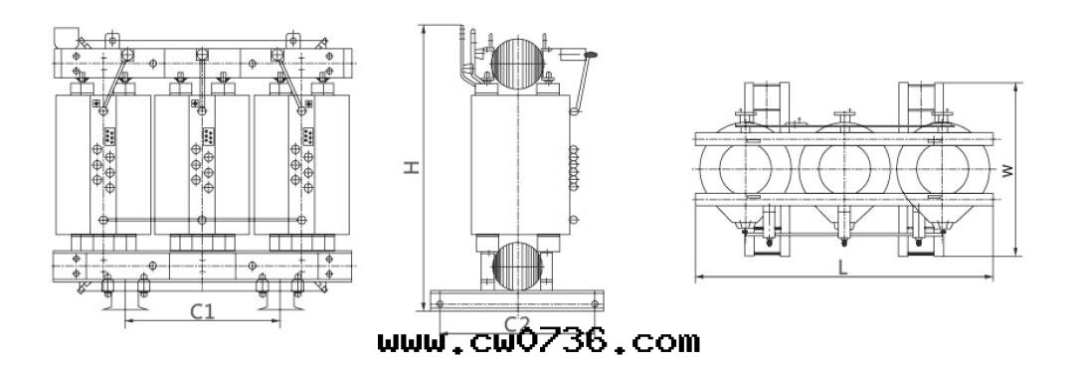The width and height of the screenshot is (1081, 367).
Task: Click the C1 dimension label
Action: pyautogui.click(x=202, y=312)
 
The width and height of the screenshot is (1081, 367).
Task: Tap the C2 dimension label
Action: pyautogui.click(x=516, y=323)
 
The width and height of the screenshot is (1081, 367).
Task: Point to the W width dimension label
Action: pyautogui.click(x=1008, y=170)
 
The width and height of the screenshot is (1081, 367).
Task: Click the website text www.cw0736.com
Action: pyautogui.click(x=538, y=342)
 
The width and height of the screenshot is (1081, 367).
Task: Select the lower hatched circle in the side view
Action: pyautogui.click(x=518, y=266)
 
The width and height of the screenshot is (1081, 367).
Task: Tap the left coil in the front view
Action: pyautogui.click(x=103, y=165)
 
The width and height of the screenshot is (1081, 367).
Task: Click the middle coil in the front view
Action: pyautogui.click(x=202, y=165)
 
